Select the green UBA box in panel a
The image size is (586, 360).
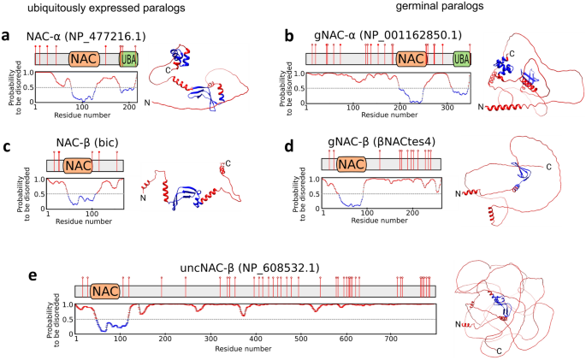pyautogui.click(x=129, y=58)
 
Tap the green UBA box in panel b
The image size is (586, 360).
pyautogui.click(x=461, y=58)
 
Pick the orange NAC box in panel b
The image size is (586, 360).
pyautogui.click(x=411, y=58)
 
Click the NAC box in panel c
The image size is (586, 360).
pyautogui.click(x=78, y=164)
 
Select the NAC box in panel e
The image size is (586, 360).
pyautogui.click(x=105, y=291)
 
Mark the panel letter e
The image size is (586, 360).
pyautogui.click(x=8, y=276)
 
